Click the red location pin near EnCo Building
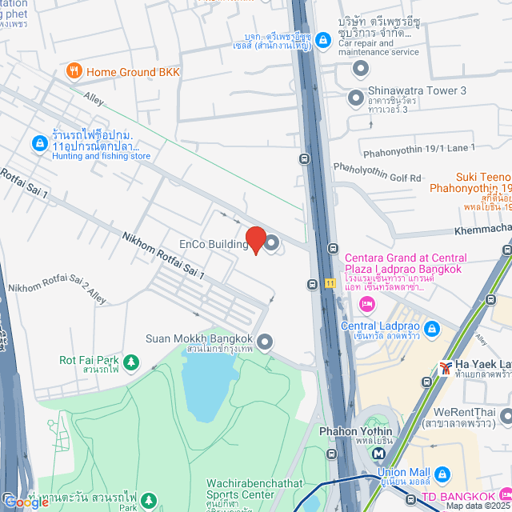pyautogui.click(x=255, y=239)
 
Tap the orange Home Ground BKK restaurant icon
pyautogui.click(x=74, y=72)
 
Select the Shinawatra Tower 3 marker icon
pyautogui.click(x=356, y=98)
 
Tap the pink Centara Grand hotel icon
pyautogui.click(x=367, y=303)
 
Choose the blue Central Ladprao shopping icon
pyautogui.click(x=431, y=328)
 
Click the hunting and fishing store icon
pyautogui.click(x=38, y=143)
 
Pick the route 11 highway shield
pyautogui.click(x=330, y=282)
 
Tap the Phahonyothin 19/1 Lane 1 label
pyautogui.click(x=418, y=148)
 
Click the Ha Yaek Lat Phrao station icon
pyautogui.click(x=445, y=367)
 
